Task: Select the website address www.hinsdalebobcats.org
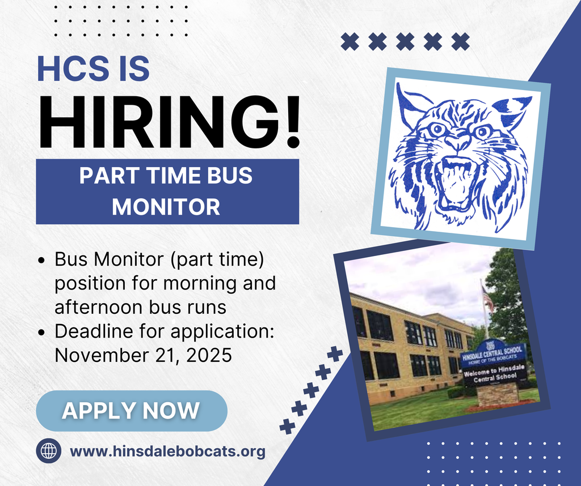[x=167, y=451]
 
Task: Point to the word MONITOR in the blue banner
[x=166, y=207]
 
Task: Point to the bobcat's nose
[x=457, y=142]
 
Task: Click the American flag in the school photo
[x=487, y=298]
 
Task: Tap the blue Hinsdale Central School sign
[x=493, y=356]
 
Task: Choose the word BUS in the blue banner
[x=229, y=175]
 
